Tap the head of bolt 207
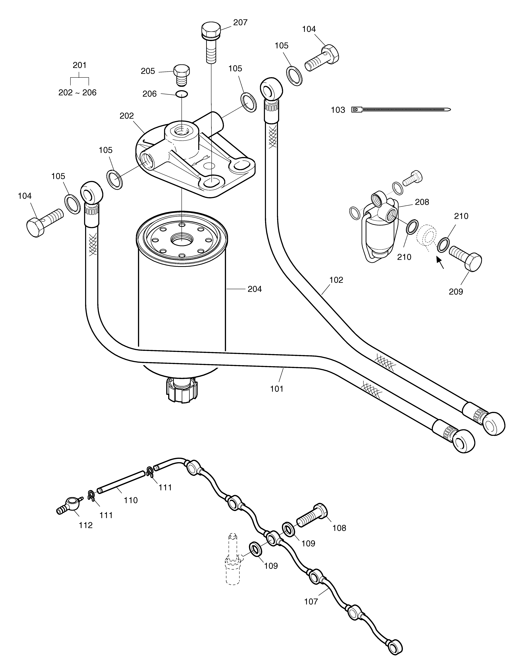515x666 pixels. click(x=211, y=29)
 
